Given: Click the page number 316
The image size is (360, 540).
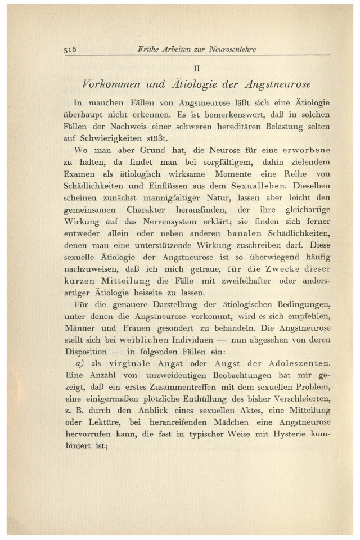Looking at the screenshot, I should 70,49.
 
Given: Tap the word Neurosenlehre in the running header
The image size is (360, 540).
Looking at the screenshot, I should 231,49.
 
